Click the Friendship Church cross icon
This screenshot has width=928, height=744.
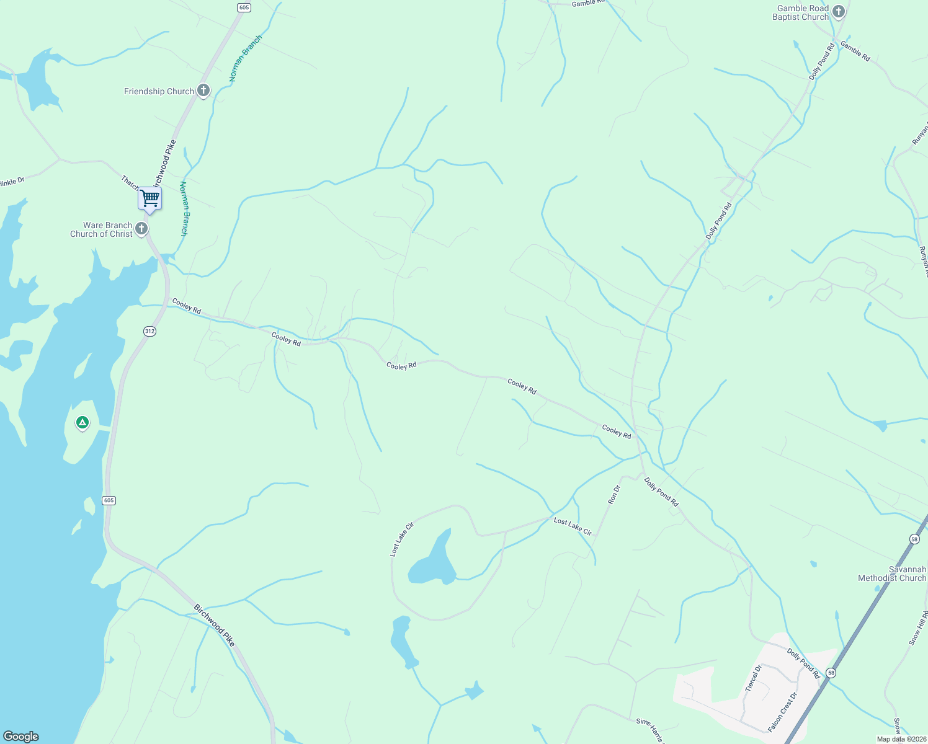pyautogui.click(x=203, y=91)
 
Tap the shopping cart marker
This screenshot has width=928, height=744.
pyautogui.click(x=149, y=199)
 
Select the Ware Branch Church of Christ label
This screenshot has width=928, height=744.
pyautogui.click(x=101, y=230)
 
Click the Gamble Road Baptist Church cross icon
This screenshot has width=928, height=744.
pyautogui.click(x=838, y=11)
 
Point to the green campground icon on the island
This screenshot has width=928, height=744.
pyautogui.click(x=82, y=423)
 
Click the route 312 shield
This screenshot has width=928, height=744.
pyautogui.click(x=149, y=331)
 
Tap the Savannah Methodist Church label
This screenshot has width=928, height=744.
pyautogui.click(x=892, y=573)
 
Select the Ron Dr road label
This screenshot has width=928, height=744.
pyautogui.click(x=614, y=494)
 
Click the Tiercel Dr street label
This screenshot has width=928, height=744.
pyautogui.click(x=754, y=678)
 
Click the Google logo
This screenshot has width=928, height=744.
pyautogui.click(x=21, y=737)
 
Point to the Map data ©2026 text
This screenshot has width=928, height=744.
pyautogui.click(x=901, y=739)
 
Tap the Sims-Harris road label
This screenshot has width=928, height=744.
pyautogui.click(x=650, y=729)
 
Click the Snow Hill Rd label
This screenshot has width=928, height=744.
pyautogui.click(x=918, y=627)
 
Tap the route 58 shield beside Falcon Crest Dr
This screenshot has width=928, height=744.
pyautogui.click(x=831, y=673)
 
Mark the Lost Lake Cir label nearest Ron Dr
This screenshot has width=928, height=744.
pyautogui.click(x=573, y=527)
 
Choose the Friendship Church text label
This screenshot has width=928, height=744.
pyautogui.click(x=159, y=91)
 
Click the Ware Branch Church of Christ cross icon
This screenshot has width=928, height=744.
pyautogui.click(x=141, y=229)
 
